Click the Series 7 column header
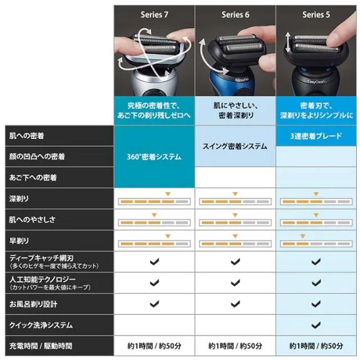[x=153, y=14]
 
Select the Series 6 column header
[x=235, y=14]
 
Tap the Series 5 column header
[x=317, y=14]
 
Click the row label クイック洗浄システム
[x=41, y=325]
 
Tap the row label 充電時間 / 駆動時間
[x=41, y=346]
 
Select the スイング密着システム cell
[x=235, y=147]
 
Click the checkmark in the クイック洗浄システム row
[x=317, y=325]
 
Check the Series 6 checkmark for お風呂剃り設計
[x=235, y=304]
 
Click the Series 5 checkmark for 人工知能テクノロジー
[x=317, y=282]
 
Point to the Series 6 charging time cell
[x=235, y=346]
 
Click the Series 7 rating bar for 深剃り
[x=153, y=202]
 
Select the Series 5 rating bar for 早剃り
[x=317, y=244]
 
